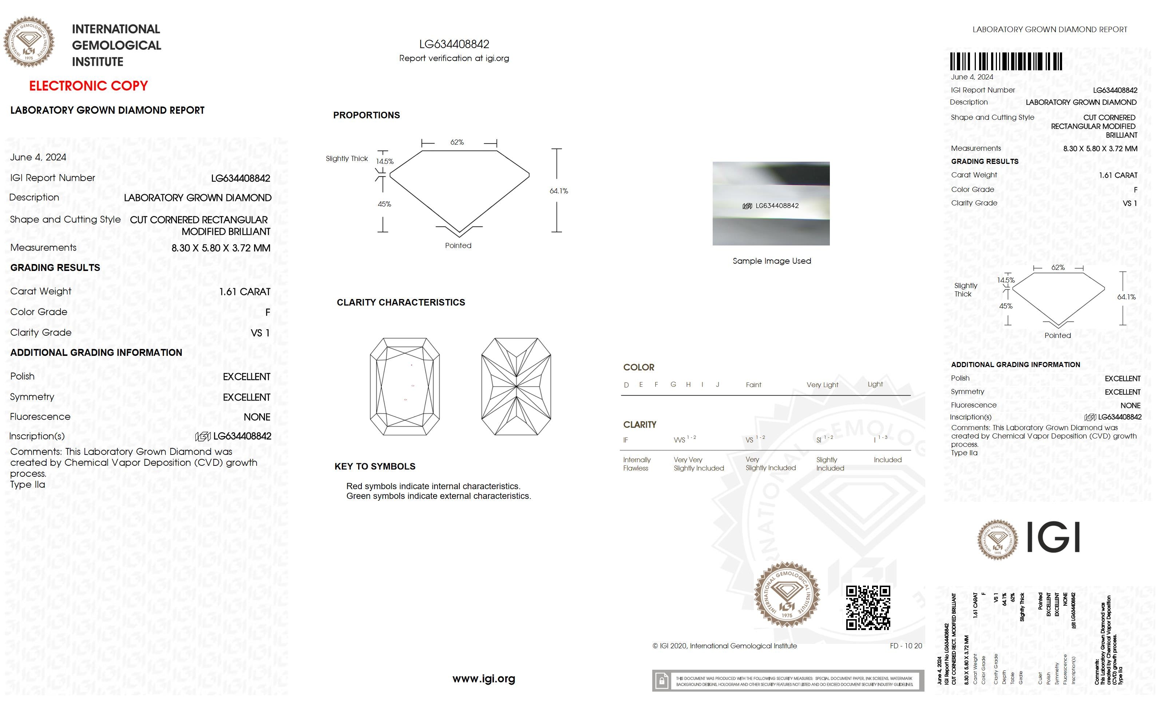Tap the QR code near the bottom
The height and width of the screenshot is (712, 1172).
tap(868, 608)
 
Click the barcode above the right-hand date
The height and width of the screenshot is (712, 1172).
tap(1006, 62)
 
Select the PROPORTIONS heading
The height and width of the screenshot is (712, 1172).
tap(366, 115)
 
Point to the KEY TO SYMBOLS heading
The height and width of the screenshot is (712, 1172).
tap(375, 467)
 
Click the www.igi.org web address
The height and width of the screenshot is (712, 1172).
tap(483, 679)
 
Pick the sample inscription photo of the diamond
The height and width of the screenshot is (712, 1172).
tap(771, 204)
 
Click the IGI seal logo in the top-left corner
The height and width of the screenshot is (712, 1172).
tap(29, 42)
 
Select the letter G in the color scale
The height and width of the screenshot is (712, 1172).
tap(673, 385)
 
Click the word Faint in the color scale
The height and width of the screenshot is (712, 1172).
tap(753, 385)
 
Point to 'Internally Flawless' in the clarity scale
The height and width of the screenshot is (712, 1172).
tap(637, 464)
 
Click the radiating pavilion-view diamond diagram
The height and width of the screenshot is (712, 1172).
tap(516, 386)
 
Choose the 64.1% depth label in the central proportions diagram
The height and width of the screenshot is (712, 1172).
tap(559, 191)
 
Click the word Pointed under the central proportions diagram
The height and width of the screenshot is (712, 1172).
tap(458, 245)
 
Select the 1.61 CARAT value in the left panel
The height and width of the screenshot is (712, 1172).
tap(245, 292)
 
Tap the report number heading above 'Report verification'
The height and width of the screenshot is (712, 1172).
tap(454, 44)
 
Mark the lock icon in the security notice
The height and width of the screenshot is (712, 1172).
tap(661, 681)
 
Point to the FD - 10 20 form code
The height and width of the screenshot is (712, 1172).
tap(906, 646)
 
